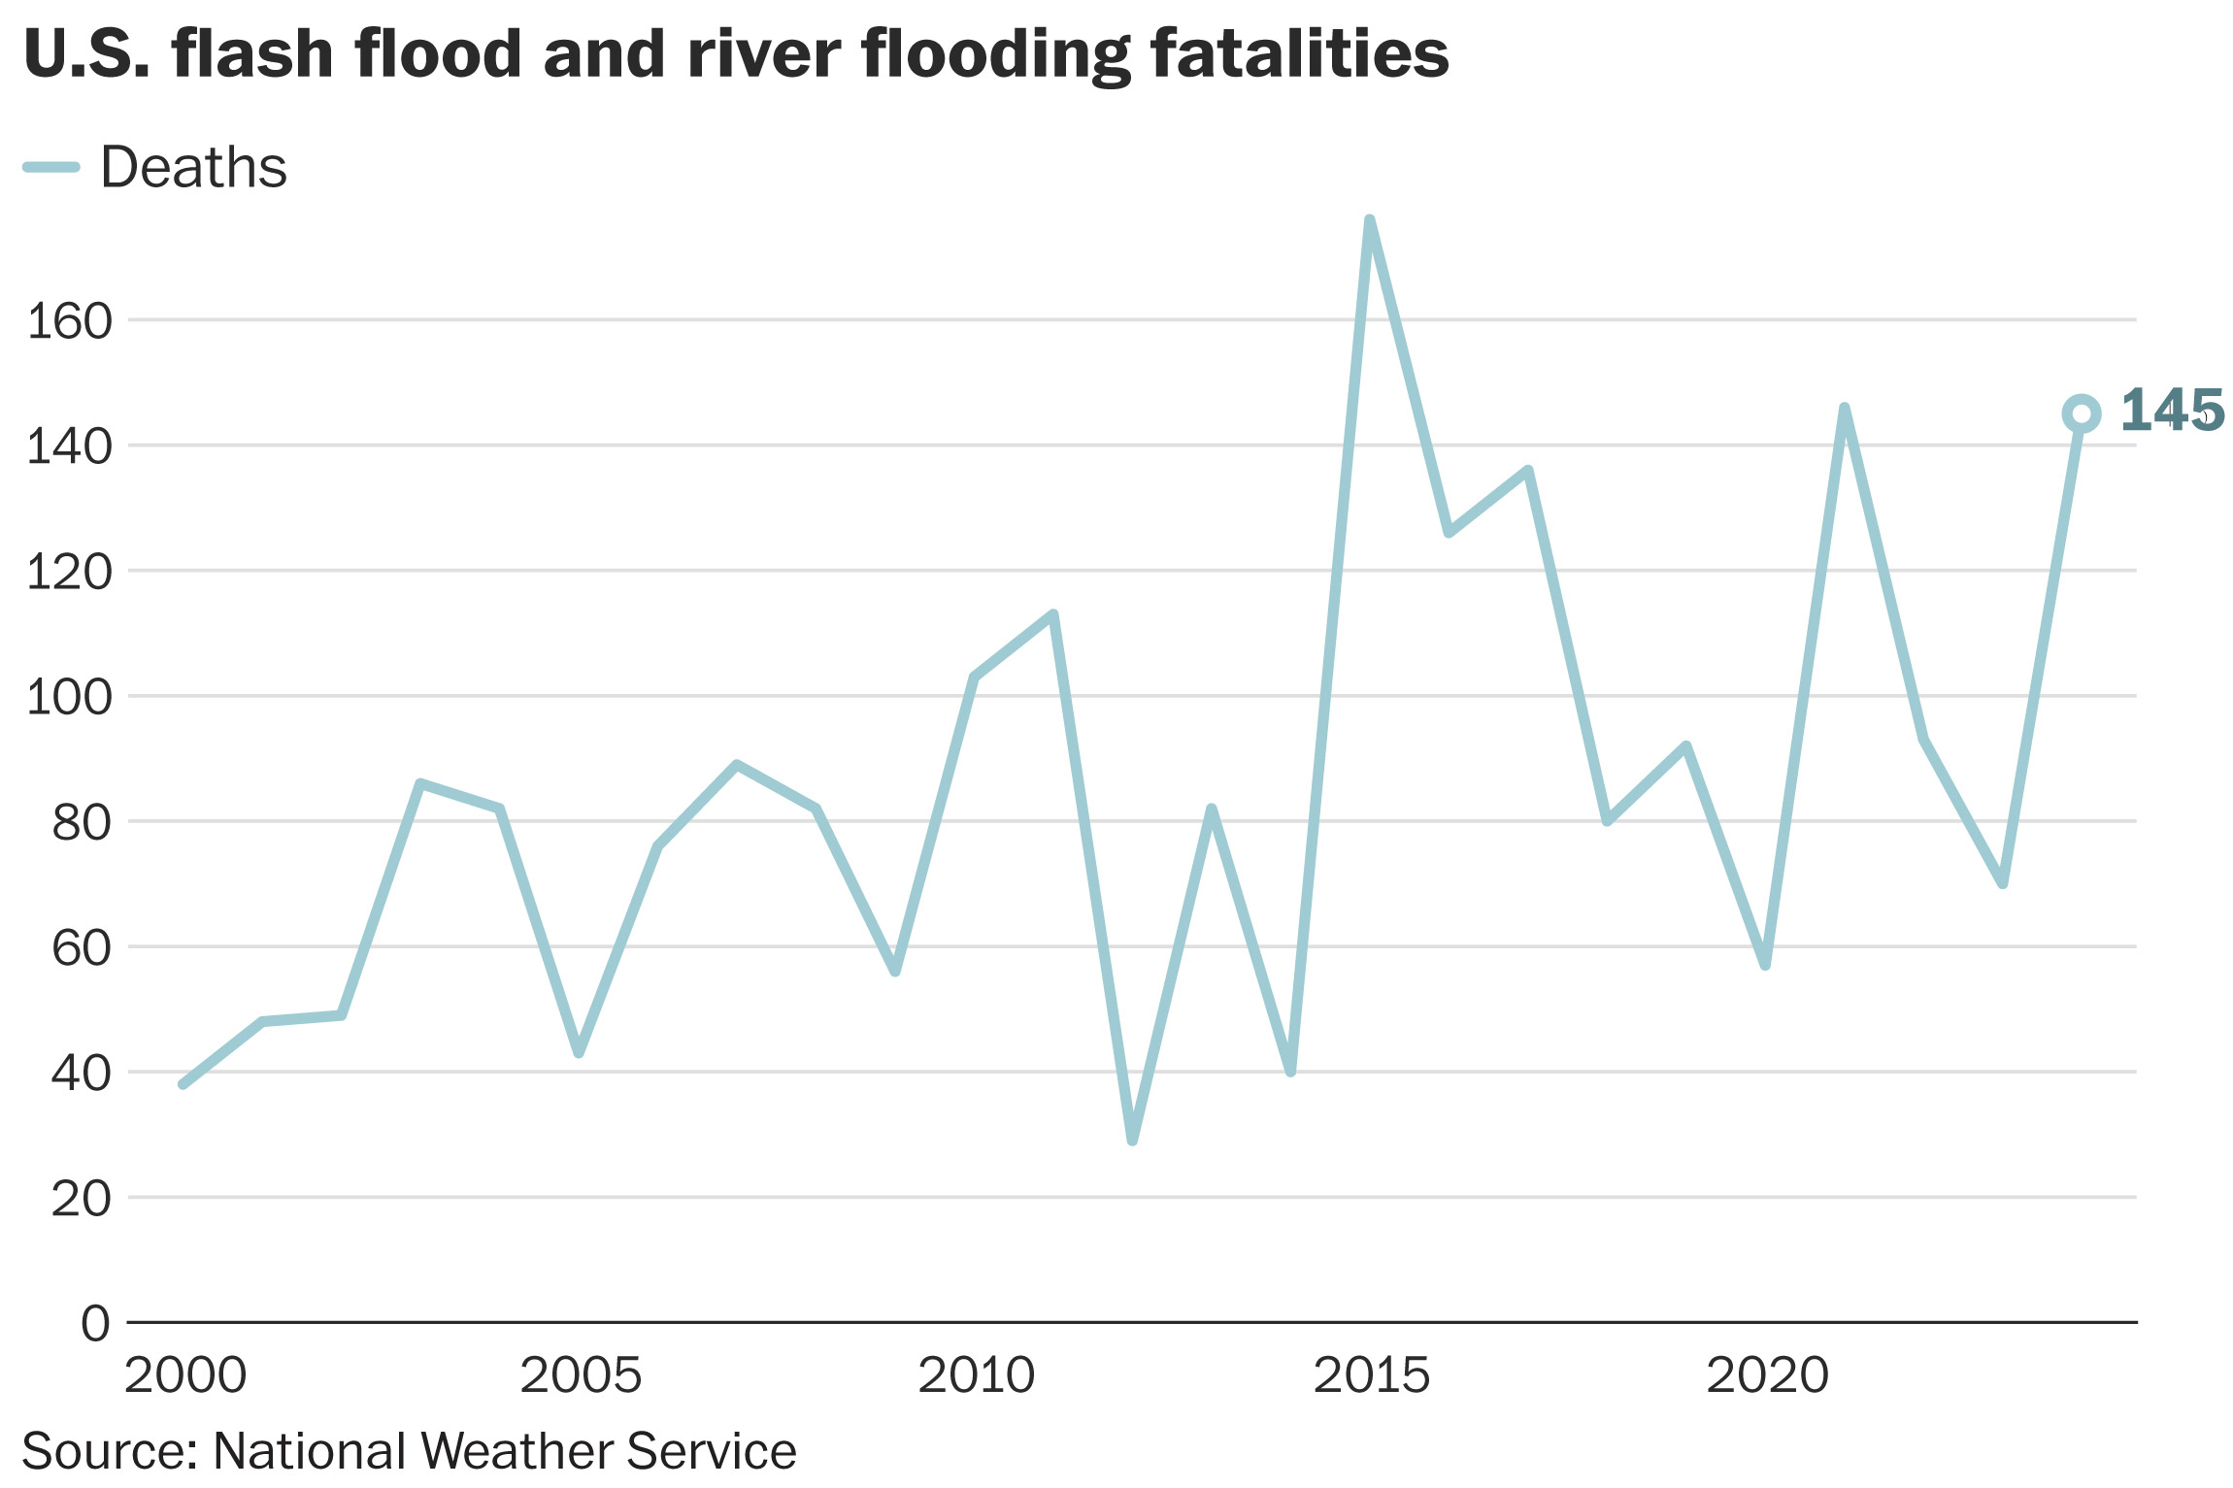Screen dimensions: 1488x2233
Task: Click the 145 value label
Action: [x=2172, y=411]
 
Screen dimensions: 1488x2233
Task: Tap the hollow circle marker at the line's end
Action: [x=2081, y=413]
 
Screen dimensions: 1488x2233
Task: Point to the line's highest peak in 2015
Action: [x=1369, y=221]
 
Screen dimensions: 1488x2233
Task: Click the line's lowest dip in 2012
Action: [x=1132, y=1140]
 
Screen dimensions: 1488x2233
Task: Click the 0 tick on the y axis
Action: [x=95, y=1323]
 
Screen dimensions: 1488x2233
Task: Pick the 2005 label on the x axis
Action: [x=581, y=1375]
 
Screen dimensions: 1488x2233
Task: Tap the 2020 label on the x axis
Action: [x=1767, y=1375]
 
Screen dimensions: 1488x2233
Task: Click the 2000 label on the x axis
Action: [x=185, y=1375]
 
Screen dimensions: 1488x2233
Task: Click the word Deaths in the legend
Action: [x=193, y=167]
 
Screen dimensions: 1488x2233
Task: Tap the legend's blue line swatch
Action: [x=50, y=167]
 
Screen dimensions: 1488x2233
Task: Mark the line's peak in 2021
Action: [x=1844, y=409]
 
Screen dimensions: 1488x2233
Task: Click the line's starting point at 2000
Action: [x=183, y=1083]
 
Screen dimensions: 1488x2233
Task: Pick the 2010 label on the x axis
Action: [x=977, y=1375]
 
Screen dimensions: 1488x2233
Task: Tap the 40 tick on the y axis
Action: [x=82, y=1074]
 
